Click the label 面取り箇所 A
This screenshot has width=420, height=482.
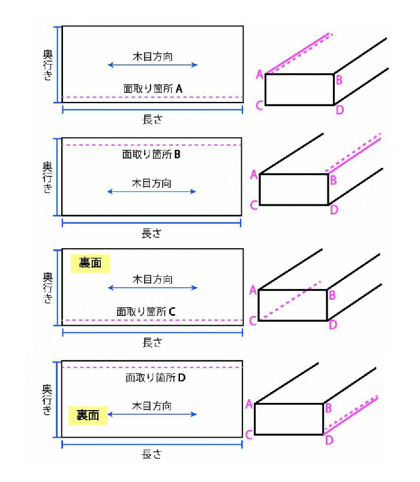(153, 89)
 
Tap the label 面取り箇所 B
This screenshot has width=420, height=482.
(151, 154)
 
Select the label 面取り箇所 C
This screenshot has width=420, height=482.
(146, 312)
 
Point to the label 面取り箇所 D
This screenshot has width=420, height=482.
(155, 378)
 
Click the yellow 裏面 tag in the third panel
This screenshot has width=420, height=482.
(90, 263)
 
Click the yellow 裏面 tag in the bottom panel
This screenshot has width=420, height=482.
(88, 415)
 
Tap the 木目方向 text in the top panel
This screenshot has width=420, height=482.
(152, 56)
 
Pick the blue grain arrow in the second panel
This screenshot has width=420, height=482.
(151, 191)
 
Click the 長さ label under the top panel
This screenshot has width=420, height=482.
(152, 119)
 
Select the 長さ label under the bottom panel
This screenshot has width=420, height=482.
(152, 454)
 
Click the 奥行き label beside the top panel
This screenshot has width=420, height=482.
(47, 65)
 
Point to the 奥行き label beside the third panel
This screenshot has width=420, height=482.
(47, 288)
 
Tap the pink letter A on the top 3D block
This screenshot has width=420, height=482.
(260, 74)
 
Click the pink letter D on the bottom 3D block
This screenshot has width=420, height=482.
(329, 440)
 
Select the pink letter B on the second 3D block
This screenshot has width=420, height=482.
(333, 180)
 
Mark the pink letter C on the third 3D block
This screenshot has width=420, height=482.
(253, 321)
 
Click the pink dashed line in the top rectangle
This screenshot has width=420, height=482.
(152, 97)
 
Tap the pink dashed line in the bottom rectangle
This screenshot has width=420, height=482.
(152, 367)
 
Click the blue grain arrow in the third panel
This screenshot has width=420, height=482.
(152, 288)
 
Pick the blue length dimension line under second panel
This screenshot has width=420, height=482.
(151, 223)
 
